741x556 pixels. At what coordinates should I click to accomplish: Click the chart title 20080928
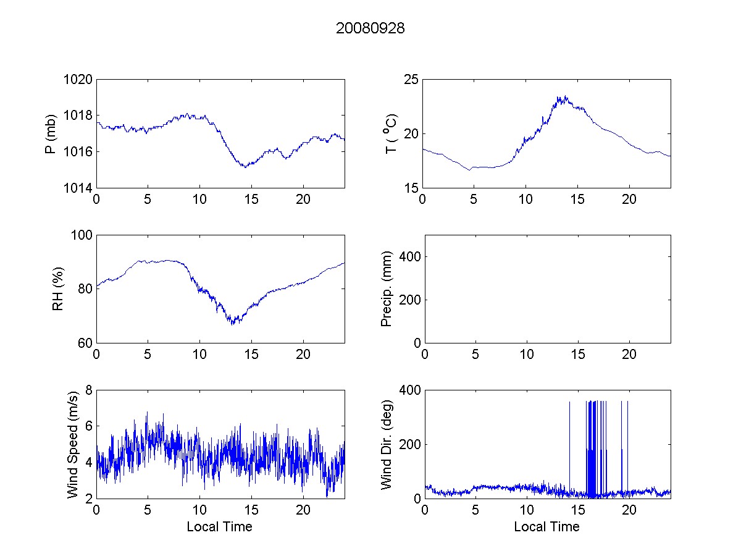pyautogui.click(x=370, y=28)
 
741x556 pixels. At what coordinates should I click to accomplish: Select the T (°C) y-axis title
pyautogui.click(x=390, y=133)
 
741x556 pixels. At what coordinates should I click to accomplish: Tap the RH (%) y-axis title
pyautogui.click(x=58, y=289)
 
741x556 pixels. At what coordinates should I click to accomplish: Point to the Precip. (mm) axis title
pyautogui.click(x=387, y=289)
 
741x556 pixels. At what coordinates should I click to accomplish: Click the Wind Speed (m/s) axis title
pyautogui.click(x=73, y=444)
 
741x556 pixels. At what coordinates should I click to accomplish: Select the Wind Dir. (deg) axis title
pyautogui.click(x=387, y=444)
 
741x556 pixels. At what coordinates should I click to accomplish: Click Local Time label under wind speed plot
pyautogui.click(x=219, y=527)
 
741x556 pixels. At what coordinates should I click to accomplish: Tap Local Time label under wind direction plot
pyautogui.click(x=546, y=527)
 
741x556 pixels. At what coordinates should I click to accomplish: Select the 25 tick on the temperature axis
pyautogui.click(x=411, y=80)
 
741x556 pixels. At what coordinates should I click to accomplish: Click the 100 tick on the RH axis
pyautogui.click(x=82, y=235)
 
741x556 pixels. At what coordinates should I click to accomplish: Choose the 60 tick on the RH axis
pyautogui.click(x=85, y=343)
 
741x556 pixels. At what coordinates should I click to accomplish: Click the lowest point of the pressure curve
pyautogui.click(x=245, y=167)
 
